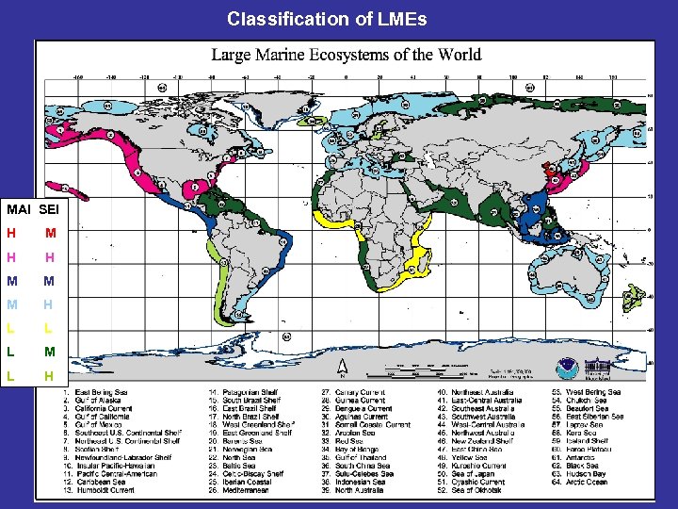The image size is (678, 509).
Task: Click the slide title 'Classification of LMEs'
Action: tap(327, 18)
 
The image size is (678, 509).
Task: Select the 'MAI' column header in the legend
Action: tap(18, 207)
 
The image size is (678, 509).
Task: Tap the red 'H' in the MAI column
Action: tap(10, 233)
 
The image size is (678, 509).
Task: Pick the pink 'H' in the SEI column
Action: tap(49, 257)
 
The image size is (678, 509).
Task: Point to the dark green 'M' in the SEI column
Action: tap(49, 282)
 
